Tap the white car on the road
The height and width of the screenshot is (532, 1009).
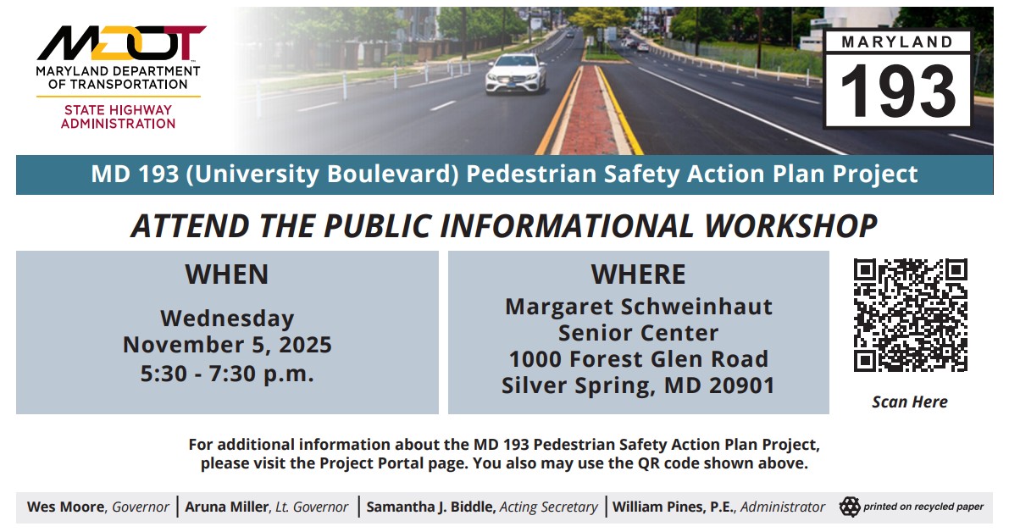click(516, 74)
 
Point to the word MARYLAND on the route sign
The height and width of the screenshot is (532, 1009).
click(898, 41)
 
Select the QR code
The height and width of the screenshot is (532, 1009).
click(910, 315)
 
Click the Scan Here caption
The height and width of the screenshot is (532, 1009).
click(910, 402)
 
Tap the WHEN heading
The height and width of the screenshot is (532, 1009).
click(227, 274)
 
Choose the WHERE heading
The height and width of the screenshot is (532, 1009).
click(638, 274)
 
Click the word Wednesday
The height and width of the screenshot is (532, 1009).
click(227, 319)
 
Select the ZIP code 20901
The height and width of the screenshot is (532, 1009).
click(743, 385)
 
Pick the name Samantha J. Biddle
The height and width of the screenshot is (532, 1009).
click(430, 507)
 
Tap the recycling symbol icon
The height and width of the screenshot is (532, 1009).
click(849, 507)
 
